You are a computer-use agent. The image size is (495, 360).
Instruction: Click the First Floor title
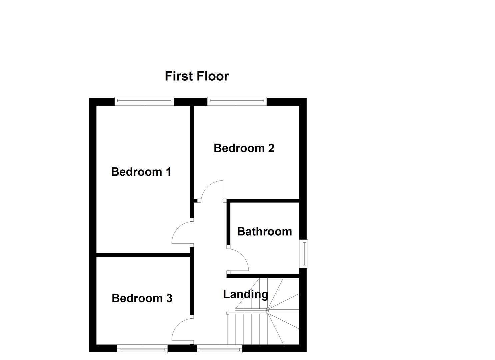(197, 76)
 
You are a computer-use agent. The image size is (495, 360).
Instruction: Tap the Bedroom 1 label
(141, 172)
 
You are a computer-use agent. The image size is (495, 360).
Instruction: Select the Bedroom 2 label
(244, 148)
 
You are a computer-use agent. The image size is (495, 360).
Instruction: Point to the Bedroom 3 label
(142, 298)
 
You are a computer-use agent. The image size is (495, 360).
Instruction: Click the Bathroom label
(264, 232)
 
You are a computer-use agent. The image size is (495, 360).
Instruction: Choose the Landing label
(245, 295)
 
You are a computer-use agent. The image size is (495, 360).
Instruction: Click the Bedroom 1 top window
(144, 101)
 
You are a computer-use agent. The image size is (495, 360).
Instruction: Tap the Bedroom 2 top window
(237, 101)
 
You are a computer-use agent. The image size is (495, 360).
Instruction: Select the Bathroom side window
(303, 253)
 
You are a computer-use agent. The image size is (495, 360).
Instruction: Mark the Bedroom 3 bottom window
(142, 349)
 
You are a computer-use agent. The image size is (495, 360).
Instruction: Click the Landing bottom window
(220, 349)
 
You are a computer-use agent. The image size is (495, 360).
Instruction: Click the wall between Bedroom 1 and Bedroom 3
(143, 255)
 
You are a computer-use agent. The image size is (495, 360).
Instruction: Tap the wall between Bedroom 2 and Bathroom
(263, 201)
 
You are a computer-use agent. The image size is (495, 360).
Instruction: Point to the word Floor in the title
(212, 76)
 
